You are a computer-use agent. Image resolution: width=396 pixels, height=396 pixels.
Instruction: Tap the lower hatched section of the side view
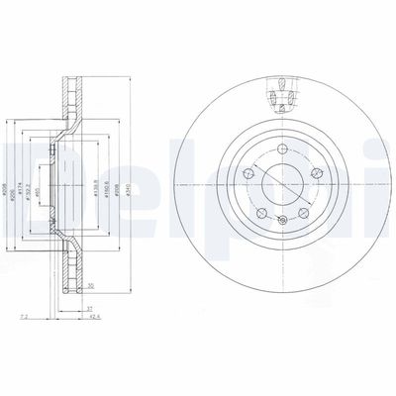click(68, 267)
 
